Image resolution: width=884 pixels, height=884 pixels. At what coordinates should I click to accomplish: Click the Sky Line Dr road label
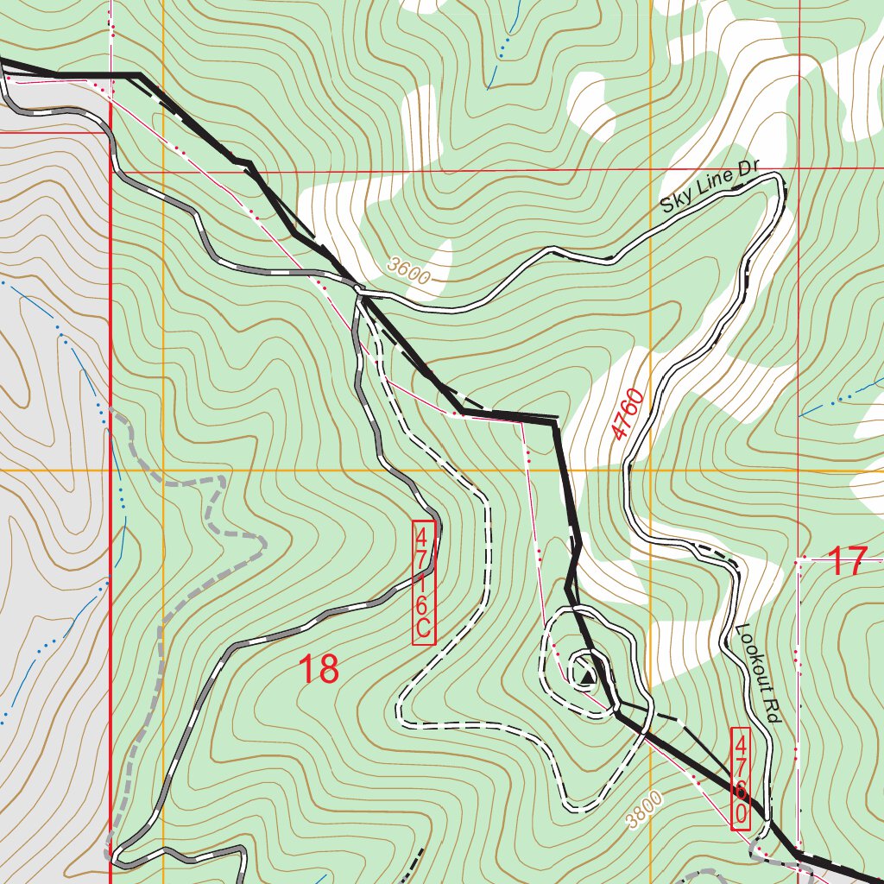pos(709,190)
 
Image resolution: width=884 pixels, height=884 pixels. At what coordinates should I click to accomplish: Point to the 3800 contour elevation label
pos(645,809)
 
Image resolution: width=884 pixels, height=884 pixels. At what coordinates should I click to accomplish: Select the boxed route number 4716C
pos(423,582)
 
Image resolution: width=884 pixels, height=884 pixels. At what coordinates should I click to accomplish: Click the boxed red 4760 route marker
pos(741,779)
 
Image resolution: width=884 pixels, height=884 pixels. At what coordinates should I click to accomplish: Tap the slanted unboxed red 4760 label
pos(629,414)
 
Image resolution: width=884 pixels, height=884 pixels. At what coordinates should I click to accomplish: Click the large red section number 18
pos(319,669)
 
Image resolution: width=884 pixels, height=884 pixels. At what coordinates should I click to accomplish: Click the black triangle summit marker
pos(586,681)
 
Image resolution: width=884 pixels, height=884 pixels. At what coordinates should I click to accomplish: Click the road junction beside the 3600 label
pos(361,294)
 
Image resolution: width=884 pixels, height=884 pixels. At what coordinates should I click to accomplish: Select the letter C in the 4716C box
pos(423,631)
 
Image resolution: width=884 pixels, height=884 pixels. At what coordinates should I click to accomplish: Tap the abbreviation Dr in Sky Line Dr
pos(745,175)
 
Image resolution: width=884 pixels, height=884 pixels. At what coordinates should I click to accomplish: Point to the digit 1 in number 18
pos(306,669)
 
